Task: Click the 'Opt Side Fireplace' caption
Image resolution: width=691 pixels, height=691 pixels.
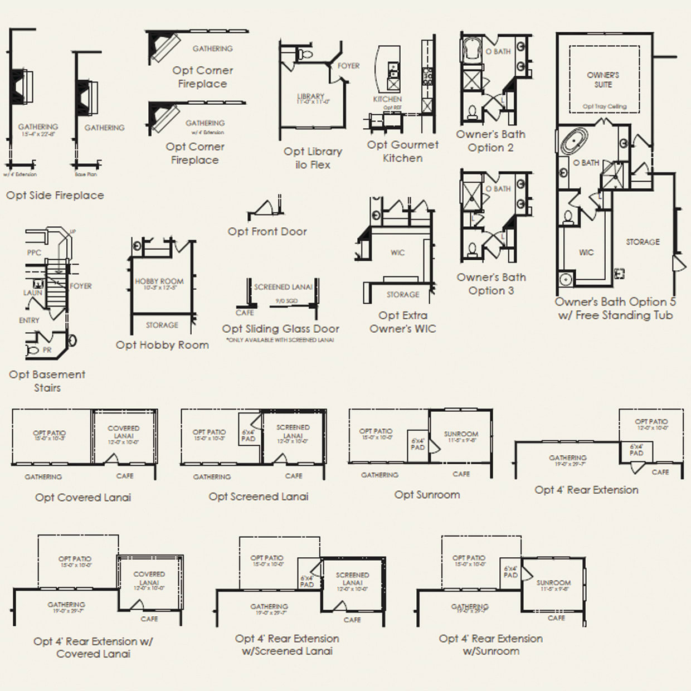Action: click(55, 195)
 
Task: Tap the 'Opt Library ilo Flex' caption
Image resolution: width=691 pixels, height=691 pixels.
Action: click(313, 158)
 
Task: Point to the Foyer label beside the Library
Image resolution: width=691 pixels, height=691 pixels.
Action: click(348, 66)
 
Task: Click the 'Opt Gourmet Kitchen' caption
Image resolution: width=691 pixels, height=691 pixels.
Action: click(402, 151)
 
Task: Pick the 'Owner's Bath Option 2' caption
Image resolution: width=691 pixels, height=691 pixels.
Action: click(490, 141)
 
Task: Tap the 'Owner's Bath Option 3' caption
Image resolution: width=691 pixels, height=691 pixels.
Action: click(491, 284)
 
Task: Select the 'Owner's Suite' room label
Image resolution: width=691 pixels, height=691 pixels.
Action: click(603, 80)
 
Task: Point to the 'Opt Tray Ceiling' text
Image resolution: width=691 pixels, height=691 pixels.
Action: click(604, 106)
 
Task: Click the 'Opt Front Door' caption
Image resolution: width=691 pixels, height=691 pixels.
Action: click(267, 231)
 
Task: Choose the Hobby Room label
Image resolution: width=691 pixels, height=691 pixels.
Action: click(159, 284)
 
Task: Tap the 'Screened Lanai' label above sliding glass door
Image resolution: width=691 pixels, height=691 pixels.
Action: click(283, 287)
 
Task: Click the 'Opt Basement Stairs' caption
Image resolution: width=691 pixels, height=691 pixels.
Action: click(47, 381)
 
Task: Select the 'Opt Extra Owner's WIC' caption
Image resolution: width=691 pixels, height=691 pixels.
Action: click(402, 322)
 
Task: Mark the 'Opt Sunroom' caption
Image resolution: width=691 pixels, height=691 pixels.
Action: click(427, 494)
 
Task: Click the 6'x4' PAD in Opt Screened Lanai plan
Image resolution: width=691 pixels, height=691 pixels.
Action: click(249, 435)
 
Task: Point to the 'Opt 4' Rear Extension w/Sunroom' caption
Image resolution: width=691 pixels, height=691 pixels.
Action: click(490, 645)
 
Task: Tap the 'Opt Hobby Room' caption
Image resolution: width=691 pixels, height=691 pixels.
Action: click(162, 345)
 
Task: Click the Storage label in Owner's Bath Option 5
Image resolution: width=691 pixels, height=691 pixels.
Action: click(643, 242)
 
